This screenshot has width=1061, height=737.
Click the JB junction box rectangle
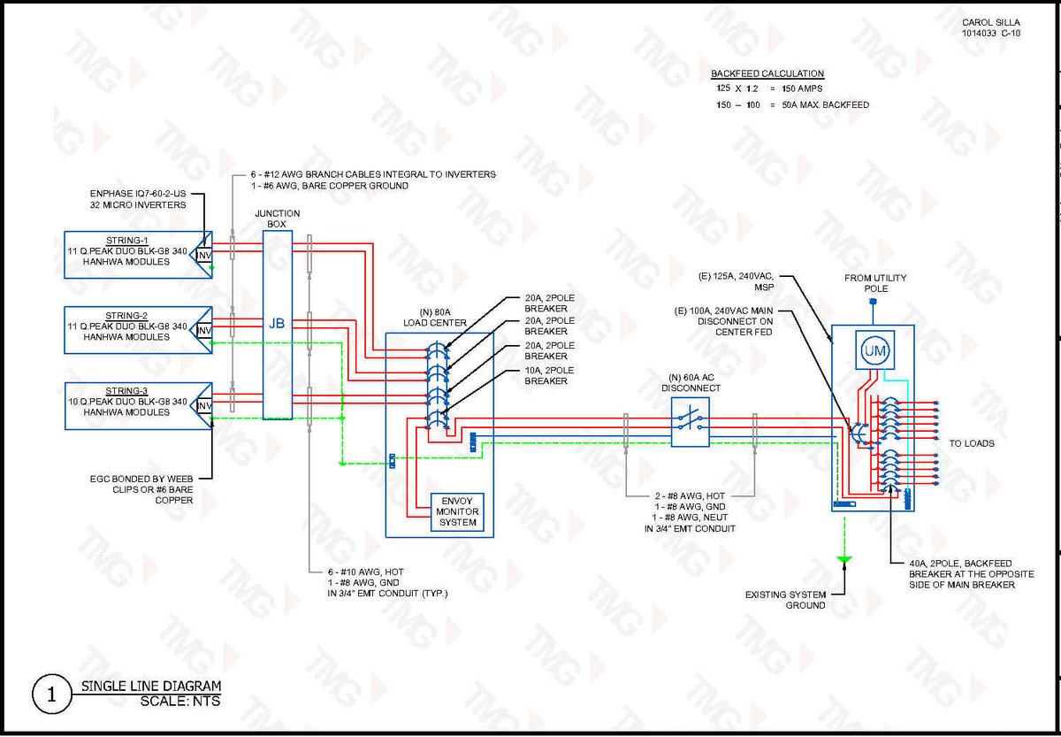278,324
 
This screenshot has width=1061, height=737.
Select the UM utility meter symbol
874,351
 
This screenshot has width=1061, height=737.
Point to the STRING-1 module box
133,255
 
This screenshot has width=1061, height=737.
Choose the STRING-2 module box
133,330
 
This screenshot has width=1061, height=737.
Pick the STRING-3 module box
133,405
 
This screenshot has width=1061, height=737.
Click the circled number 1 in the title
51,695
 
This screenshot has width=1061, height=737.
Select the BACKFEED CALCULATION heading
767,73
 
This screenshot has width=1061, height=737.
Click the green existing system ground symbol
844,559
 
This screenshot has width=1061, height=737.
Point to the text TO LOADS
972,443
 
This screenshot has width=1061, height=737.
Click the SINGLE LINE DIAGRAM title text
151,686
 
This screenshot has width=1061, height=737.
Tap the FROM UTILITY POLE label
875,283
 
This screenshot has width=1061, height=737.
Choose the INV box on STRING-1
204,256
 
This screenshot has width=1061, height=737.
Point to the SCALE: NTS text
180,702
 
